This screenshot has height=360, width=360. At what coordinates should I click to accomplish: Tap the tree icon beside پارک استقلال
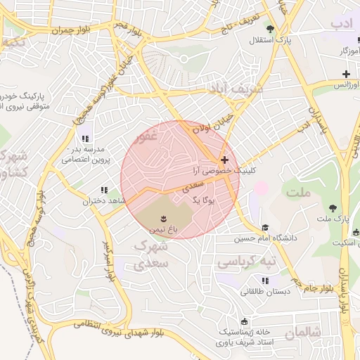271,29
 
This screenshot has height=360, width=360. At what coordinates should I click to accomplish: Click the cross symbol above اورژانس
345,74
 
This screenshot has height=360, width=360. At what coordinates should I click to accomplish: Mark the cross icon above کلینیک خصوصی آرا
224,160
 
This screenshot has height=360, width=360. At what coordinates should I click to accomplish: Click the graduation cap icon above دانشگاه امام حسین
265,228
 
